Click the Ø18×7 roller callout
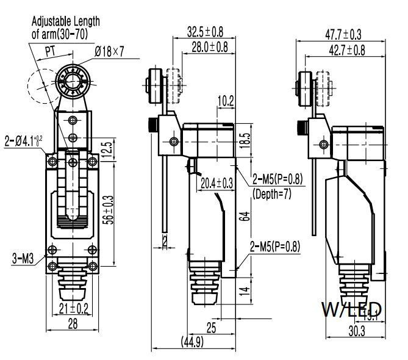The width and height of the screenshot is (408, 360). coord(109,52)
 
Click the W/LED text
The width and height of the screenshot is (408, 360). coord(352,308)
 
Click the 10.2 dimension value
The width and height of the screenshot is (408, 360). coord(226,101)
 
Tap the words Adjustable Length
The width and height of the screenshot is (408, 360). coord(65,21)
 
